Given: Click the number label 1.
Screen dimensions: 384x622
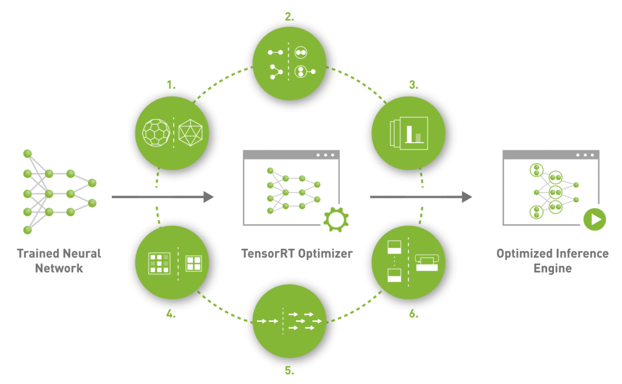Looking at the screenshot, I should (171, 85).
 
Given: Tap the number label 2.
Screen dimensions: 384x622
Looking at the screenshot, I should (289, 17).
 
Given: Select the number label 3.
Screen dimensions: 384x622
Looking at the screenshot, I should (413, 85).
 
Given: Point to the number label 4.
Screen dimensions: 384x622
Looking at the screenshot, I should (171, 315).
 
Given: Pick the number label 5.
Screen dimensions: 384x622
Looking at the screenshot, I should (289, 371).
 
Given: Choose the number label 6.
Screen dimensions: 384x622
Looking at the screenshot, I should (413, 315).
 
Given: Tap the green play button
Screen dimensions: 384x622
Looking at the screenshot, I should (594, 219).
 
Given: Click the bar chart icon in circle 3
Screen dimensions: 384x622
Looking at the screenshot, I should (413, 133).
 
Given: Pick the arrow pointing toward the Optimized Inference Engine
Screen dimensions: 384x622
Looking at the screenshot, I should (420, 197).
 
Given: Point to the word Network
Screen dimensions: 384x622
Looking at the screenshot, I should (59, 268).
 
